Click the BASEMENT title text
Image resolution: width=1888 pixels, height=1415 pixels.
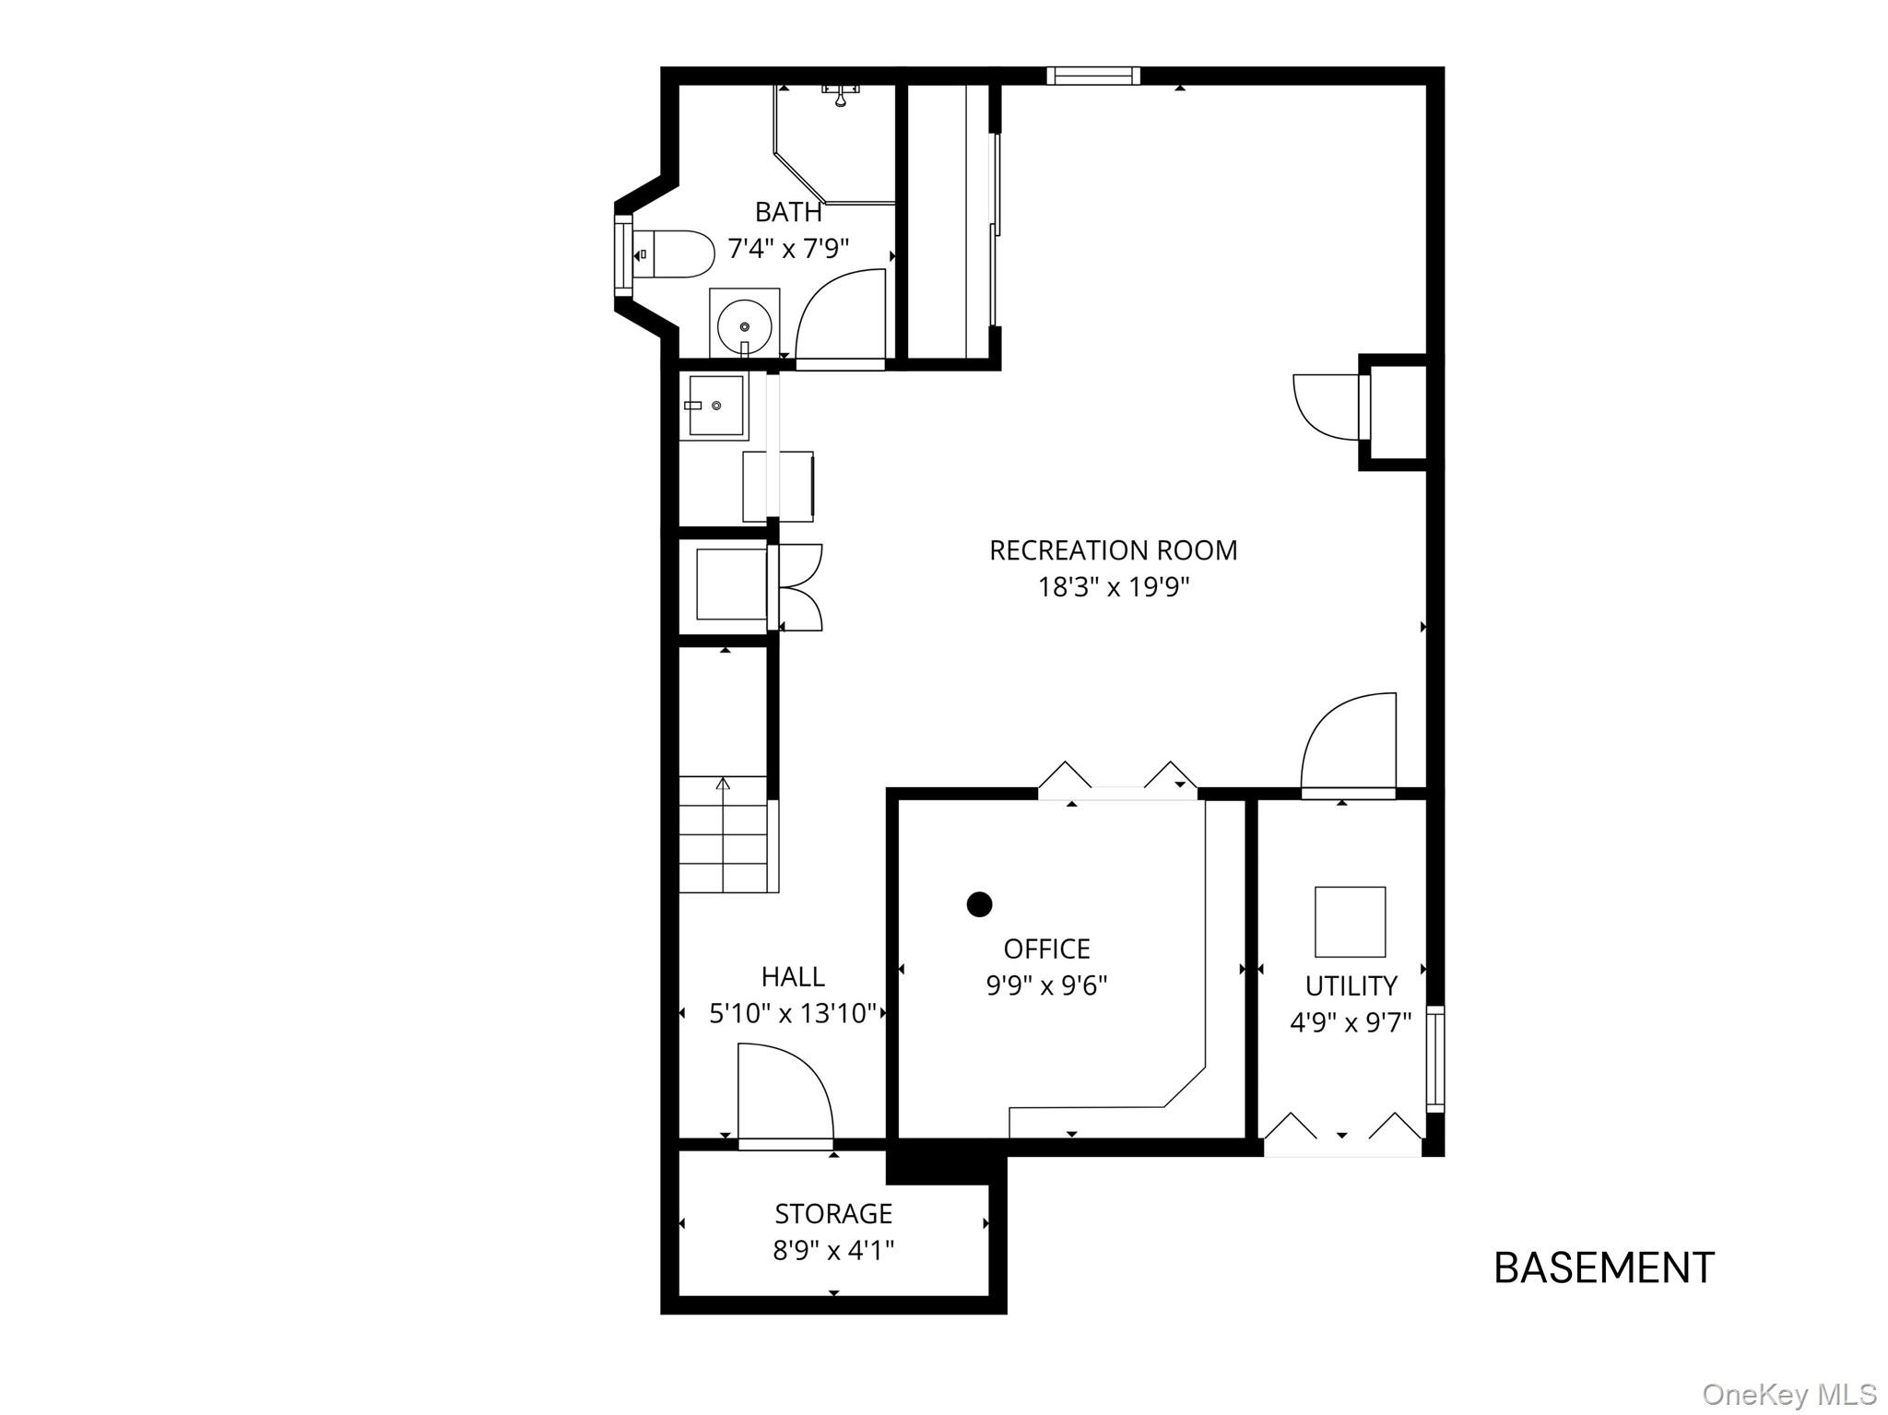coord(1603,1268)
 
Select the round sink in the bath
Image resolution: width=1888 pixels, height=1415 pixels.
coord(744,325)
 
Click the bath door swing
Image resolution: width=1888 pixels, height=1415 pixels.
coord(839,318)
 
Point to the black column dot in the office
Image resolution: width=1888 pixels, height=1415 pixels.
coord(979,904)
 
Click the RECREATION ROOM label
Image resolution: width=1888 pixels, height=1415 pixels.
coord(1113,550)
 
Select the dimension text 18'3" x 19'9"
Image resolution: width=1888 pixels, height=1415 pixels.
coord(1113,587)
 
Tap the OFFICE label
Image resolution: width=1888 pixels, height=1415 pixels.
coord(1046,949)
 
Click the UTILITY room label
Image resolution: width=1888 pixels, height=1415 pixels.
coord(1351,985)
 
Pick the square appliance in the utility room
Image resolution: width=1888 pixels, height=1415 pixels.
coord(1350,922)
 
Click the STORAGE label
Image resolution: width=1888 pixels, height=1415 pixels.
coord(833,1213)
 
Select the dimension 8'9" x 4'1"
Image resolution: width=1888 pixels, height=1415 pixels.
coord(833,1250)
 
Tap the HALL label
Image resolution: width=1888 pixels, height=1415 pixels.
coord(793,976)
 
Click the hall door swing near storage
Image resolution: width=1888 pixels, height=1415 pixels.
coord(784,1094)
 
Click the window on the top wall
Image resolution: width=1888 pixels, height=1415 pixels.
coord(1092,76)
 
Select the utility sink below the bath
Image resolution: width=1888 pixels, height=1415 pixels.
coord(715,406)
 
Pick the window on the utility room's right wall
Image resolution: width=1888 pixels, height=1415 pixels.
coord(1435,1059)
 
